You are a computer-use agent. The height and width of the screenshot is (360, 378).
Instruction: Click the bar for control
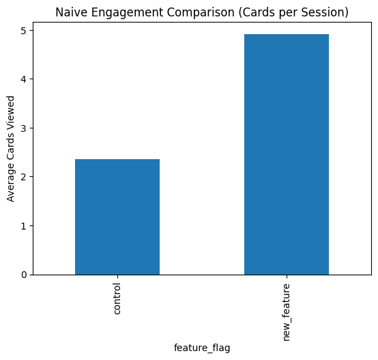pos(117,217)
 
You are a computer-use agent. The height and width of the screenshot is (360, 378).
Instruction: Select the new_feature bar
pos(286,154)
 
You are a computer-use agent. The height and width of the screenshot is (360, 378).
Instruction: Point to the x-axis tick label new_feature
pos(287,311)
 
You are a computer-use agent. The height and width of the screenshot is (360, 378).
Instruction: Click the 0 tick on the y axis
pos(23,275)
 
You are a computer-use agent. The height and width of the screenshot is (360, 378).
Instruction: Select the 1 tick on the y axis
pos(23,226)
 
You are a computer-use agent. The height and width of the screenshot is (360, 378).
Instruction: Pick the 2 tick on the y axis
pos(23,177)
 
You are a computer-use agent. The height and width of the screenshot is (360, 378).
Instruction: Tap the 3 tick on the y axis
pos(23,128)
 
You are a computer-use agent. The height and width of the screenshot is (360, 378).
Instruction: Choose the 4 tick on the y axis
pos(23,79)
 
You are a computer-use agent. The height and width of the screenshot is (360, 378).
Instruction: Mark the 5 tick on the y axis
pos(23,31)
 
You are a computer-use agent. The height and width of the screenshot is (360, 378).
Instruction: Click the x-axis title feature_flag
pos(202,348)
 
